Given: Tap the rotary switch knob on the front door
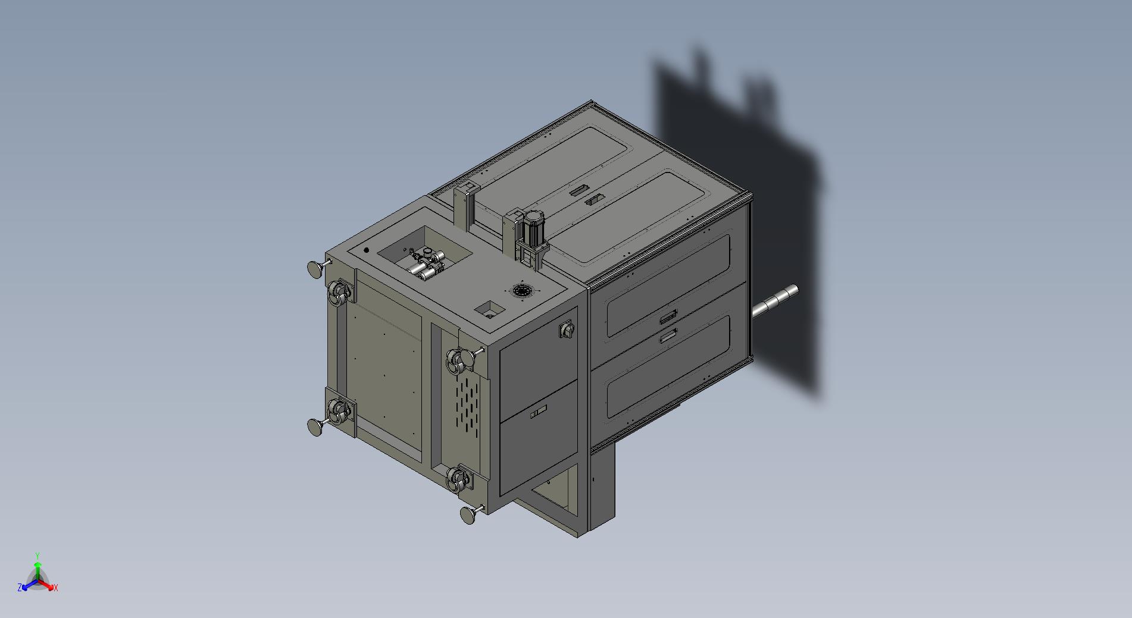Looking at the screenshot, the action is pyautogui.click(x=567, y=329).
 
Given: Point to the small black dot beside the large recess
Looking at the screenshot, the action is pyautogui.click(x=366, y=250).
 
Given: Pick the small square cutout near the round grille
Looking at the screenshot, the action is pyautogui.click(x=490, y=309).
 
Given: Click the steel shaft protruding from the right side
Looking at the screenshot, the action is pyautogui.click(x=775, y=300).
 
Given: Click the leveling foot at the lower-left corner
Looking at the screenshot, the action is pyautogui.click(x=317, y=426).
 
